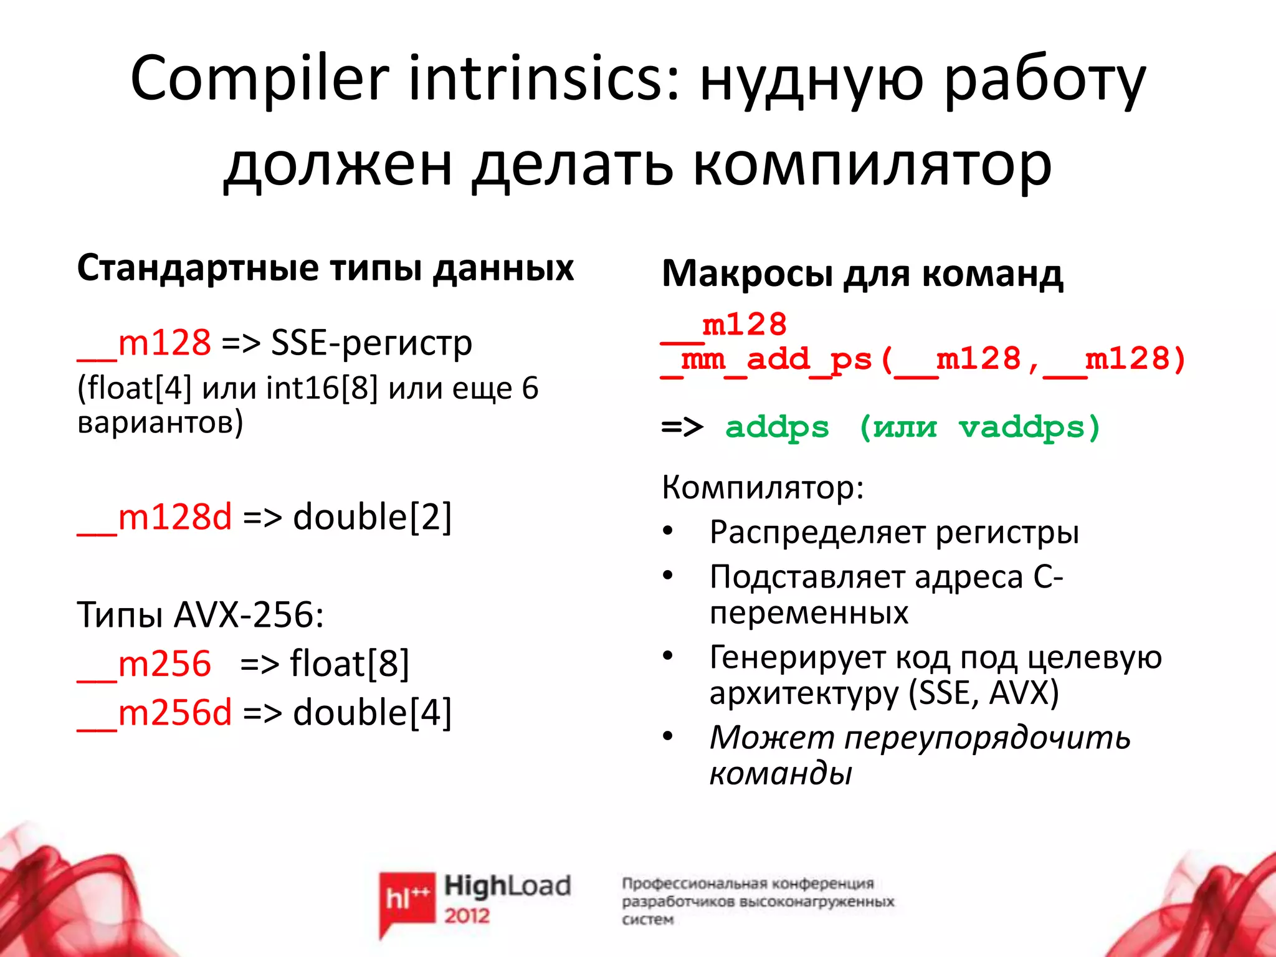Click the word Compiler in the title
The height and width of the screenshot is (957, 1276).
click(259, 78)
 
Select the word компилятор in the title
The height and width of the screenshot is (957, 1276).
click(872, 164)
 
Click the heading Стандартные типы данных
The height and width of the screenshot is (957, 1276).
click(325, 269)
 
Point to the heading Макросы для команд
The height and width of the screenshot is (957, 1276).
click(862, 274)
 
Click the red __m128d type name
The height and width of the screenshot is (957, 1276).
click(155, 517)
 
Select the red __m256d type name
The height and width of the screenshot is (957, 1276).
click(155, 713)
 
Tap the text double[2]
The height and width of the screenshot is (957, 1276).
click(372, 517)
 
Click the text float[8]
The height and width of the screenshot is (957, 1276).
click(350, 664)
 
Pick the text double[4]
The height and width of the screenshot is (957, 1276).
click(372, 713)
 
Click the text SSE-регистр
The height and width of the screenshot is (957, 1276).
click(371, 343)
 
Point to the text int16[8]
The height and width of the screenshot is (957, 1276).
click(321, 388)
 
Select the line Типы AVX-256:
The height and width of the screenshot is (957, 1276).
click(200, 615)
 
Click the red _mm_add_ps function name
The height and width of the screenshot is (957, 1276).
click(766, 360)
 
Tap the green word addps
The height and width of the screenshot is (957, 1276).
click(777, 427)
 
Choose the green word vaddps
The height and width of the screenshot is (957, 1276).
click(1022, 427)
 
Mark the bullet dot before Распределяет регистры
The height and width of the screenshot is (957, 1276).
click(668, 531)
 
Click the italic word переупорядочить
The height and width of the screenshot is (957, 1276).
click(987, 738)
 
